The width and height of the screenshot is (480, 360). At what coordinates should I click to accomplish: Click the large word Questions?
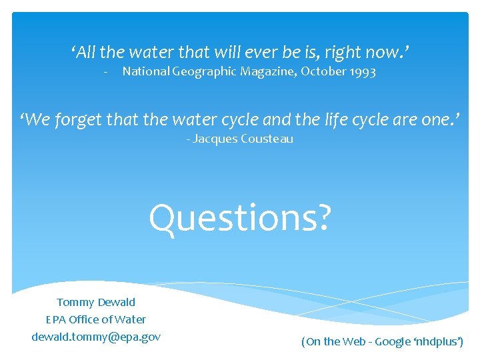pos(239,218)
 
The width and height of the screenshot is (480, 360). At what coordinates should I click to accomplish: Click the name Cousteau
pos(267,139)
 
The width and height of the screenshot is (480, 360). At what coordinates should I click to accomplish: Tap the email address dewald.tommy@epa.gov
pos(96,337)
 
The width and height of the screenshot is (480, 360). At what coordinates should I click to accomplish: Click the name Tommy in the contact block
pos(75,303)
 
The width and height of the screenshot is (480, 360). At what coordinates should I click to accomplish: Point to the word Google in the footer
pos(393,341)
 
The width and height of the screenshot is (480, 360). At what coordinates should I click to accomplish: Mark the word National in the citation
pos(146,71)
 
